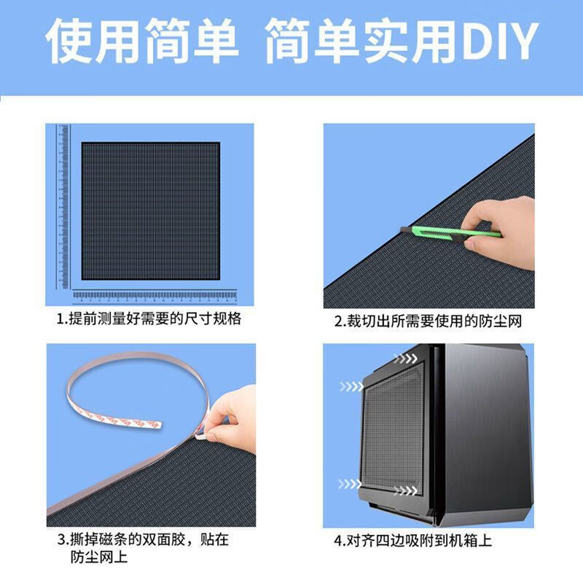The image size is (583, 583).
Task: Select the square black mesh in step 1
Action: (150, 210)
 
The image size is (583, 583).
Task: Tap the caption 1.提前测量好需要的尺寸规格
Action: (149, 319)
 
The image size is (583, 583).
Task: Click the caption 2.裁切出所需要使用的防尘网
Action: (429, 321)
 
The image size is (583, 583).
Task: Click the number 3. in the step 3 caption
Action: (62, 541)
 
